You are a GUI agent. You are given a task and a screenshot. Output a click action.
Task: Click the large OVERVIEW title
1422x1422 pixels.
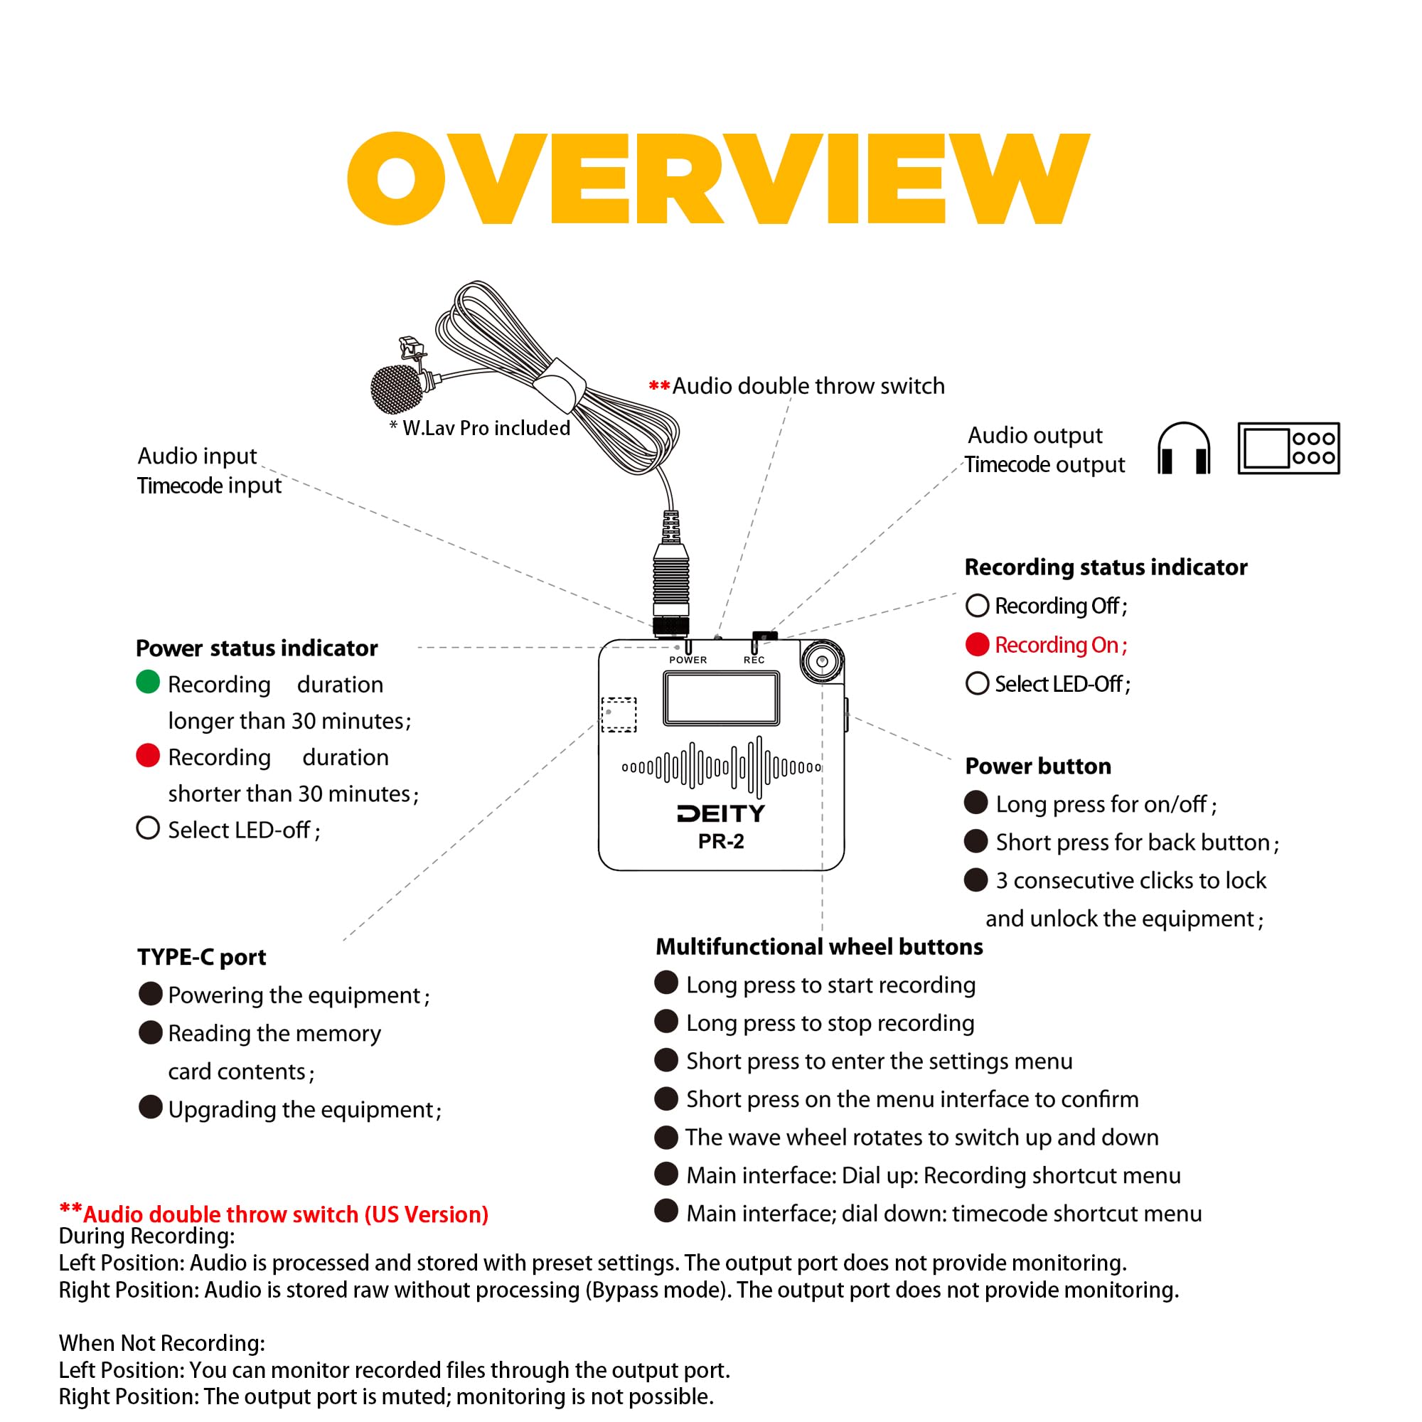coord(717,178)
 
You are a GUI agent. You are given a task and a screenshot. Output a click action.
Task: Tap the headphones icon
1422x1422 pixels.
coord(1183,448)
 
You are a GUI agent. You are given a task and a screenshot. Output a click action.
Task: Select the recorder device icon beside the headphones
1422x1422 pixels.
coord(1288,448)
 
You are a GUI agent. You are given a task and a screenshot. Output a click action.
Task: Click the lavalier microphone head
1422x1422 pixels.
coord(397,389)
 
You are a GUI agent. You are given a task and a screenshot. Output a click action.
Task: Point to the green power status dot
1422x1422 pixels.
coord(148,682)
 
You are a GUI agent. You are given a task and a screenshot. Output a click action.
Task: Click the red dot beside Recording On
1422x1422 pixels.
coord(977,644)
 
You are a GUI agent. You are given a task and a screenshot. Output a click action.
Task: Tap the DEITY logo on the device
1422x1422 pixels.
coord(720,813)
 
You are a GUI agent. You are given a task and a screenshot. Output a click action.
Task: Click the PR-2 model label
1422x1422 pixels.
coord(720,840)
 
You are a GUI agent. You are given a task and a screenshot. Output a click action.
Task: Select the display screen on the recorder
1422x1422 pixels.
coord(720,697)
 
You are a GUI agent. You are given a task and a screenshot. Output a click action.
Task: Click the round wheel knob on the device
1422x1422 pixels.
coord(821,661)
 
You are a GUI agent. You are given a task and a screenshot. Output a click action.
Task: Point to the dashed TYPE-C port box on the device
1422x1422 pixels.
coord(619,714)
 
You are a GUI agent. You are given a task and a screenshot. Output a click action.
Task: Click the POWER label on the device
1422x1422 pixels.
coord(688,660)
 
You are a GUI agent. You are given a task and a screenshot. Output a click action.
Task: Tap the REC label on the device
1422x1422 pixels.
coord(754,660)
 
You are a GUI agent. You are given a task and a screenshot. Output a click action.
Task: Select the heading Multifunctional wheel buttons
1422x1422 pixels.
coord(818,946)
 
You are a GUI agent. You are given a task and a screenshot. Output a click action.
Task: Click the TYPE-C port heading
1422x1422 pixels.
coord(202,957)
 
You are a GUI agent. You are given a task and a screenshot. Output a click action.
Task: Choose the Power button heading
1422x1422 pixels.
coord(1038,766)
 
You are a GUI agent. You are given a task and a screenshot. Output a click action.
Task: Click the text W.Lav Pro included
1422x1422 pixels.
coord(486,427)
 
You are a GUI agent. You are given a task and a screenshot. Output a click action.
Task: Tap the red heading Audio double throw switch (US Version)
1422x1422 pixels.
coord(285,1214)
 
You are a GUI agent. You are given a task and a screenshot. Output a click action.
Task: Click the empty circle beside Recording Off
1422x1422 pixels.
coord(977,605)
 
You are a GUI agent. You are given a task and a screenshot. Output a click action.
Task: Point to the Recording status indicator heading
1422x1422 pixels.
coord(1106,567)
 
